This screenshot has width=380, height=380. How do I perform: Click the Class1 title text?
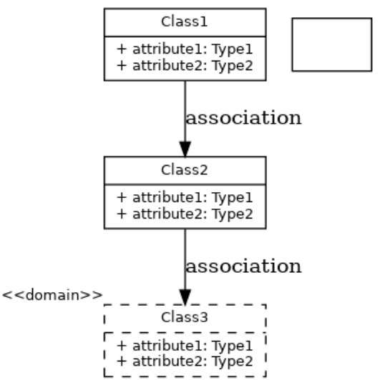pos(185,22)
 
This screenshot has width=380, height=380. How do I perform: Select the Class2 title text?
pos(185,171)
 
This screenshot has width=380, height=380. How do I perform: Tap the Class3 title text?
pos(185,318)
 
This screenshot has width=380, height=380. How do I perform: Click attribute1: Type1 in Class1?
pos(185,51)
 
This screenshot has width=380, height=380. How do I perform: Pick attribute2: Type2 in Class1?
pos(185,66)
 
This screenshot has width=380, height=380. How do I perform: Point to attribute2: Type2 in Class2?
pos(185,214)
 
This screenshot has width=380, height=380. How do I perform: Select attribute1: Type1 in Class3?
pos(185,346)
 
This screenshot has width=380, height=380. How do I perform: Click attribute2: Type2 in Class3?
pos(185,361)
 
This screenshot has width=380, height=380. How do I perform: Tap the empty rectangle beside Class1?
pos(331,44)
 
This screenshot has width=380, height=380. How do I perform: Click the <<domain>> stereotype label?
pos(52,294)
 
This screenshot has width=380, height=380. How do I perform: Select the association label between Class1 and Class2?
pos(243,118)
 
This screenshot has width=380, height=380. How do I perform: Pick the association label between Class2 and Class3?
pos(243,266)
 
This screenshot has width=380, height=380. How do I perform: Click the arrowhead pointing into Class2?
pos(185,148)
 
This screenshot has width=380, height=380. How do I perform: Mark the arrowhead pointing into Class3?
pos(185,296)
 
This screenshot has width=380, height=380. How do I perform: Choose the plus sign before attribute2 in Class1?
pos(122,66)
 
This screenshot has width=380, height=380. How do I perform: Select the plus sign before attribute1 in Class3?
pos(122,346)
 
